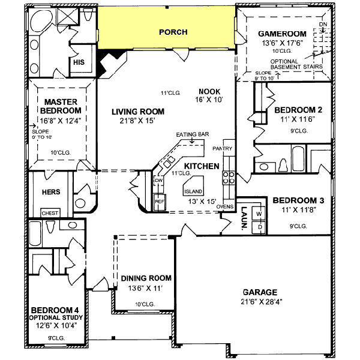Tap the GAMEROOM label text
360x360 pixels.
click(282, 34)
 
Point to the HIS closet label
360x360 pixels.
click(79, 62)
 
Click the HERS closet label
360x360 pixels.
click(49, 192)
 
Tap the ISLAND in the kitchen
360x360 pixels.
click(193, 190)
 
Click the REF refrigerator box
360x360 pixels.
click(160, 202)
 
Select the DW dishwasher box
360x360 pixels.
click(159, 181)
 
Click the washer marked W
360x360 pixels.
click(259, 214)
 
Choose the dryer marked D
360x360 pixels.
click(259, 227)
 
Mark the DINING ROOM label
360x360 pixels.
click(146, 278)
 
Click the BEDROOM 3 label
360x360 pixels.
click(298, 200)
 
